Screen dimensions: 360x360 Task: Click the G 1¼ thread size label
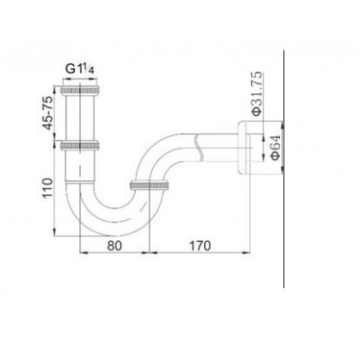pos(80,69)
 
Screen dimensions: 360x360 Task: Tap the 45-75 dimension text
pos(49,112)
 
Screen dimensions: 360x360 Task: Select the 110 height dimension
pos(47,188)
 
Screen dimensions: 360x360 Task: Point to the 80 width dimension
pos(114,246)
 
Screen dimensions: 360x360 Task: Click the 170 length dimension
pos(200,246)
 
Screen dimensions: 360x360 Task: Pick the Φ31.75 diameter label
pos(257,94)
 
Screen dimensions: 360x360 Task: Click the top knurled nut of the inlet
pos(80,90)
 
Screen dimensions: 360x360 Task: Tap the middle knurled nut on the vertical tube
pos(80,145)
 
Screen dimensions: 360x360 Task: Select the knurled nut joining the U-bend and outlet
pos(150,184)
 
